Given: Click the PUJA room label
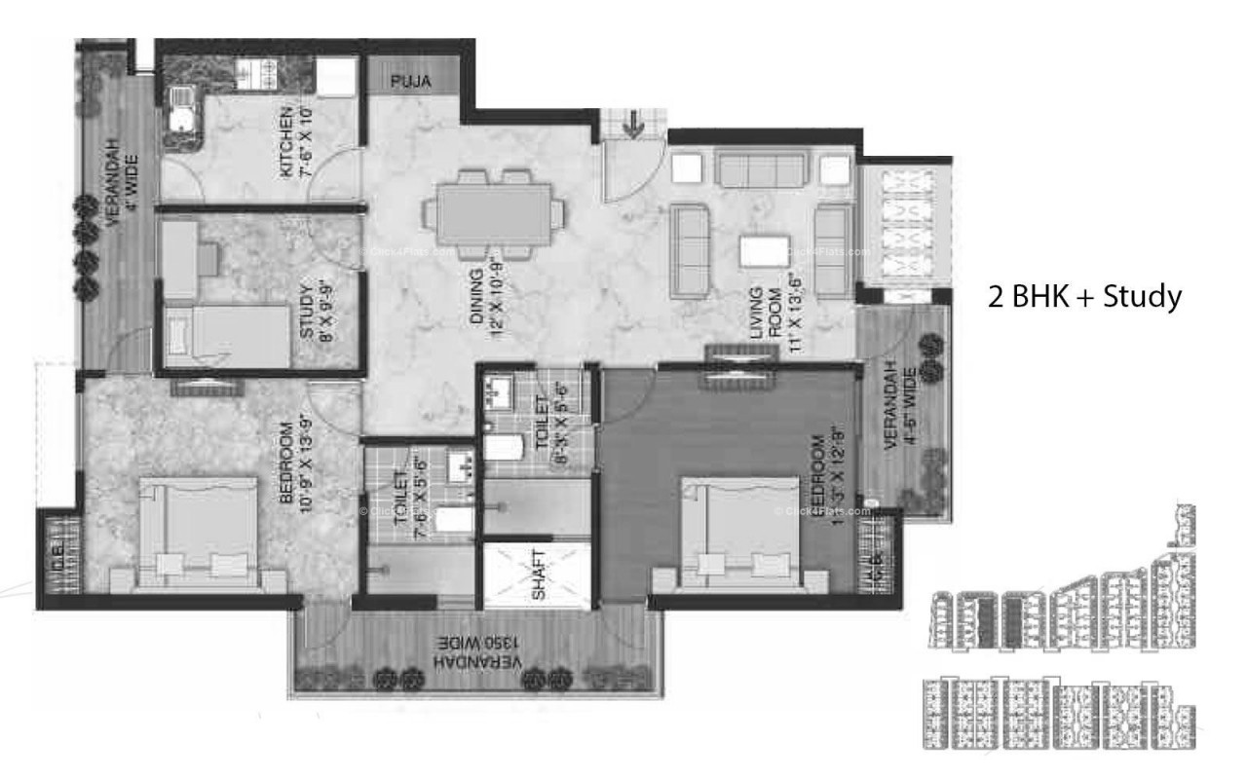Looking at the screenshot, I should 412,82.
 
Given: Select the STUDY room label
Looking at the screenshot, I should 308,311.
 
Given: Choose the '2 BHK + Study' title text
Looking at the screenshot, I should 1085,296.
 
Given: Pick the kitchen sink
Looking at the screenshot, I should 180,108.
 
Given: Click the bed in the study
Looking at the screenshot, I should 229,337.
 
